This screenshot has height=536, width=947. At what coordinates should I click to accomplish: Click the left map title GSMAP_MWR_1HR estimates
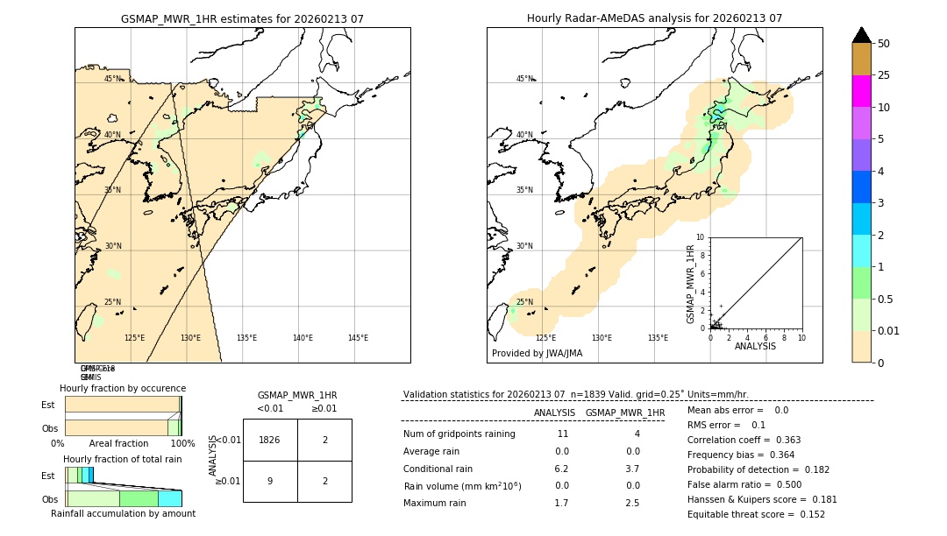pos(242,18)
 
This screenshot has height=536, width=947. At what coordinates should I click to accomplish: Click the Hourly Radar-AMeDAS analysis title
pos(654,18)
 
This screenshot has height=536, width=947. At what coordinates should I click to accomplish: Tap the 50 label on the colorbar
pos(884,44)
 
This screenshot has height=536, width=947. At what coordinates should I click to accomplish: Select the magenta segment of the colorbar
pos(861,91)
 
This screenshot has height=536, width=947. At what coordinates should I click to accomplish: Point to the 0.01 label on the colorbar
pos(889,330)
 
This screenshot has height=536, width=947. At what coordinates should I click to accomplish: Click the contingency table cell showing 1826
pos(270,440)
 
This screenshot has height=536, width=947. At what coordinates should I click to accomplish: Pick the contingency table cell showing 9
pos(270,481)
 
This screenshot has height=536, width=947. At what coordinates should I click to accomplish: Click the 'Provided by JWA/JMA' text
pos(537,353)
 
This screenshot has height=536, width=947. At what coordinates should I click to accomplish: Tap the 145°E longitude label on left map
pos(358,338)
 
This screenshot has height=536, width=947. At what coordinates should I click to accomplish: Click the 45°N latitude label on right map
pos(524,79)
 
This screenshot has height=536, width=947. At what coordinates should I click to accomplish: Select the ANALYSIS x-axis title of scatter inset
pos(755,346)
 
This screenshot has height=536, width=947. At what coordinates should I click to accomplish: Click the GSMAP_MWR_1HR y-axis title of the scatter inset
pos(690,285)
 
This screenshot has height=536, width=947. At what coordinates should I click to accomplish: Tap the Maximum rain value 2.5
pos(631,503)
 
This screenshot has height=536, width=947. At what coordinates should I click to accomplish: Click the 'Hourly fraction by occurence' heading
pos(123,388)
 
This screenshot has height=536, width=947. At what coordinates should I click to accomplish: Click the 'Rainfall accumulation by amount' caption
pos(123,513)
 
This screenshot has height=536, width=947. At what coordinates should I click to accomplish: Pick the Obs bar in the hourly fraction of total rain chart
pos(124,498)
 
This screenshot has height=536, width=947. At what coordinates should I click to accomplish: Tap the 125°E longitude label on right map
pos(545,338)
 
